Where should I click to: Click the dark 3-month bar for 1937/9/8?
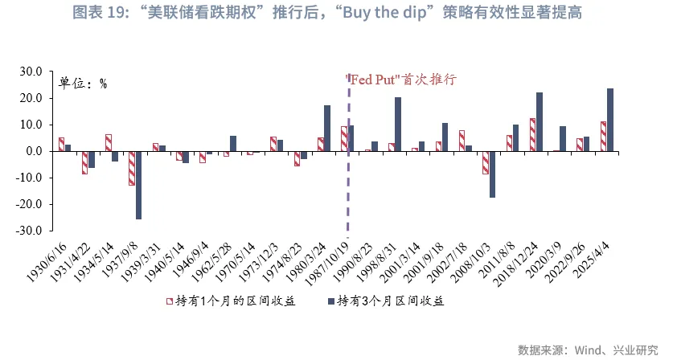(138, 185)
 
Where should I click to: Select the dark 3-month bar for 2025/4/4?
(610, 120)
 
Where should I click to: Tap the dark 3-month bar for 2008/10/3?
(492, 174)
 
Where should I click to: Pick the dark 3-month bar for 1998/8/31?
(398, 125)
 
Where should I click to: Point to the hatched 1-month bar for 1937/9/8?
(132, 168)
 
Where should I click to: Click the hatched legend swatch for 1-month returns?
(170, 301)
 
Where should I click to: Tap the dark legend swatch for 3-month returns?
(330, 301)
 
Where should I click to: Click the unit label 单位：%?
(82, 83)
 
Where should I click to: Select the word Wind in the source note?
(587, 350)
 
